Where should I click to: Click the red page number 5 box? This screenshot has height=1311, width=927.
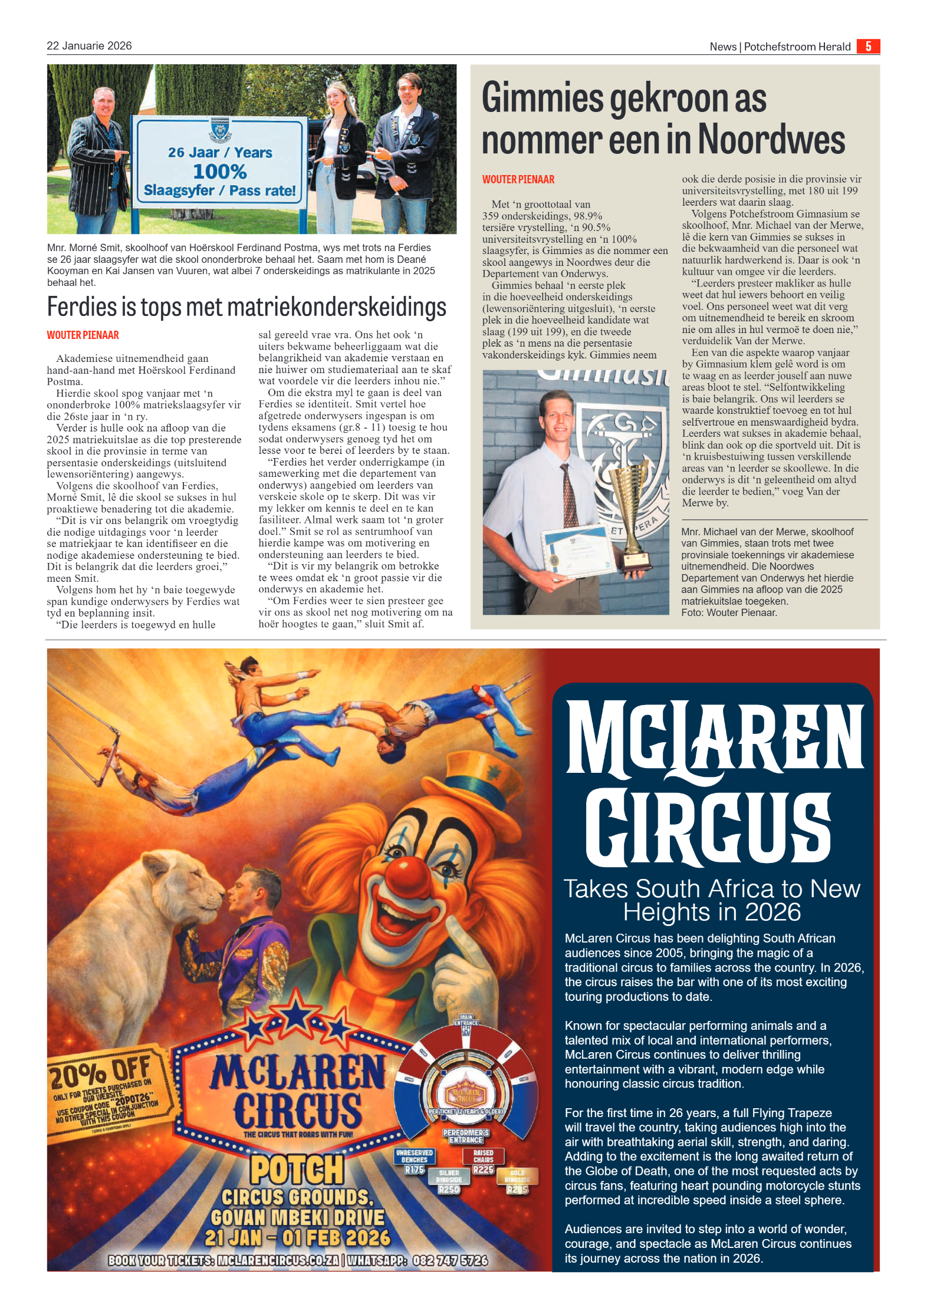click(868, 46)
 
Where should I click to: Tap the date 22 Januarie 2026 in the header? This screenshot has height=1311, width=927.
click(89, 45)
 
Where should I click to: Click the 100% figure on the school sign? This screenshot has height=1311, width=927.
click(219, 172)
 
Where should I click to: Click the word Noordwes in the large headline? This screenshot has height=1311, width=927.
click(771, 140)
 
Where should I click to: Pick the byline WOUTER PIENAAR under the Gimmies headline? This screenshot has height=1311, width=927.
click(518, 179)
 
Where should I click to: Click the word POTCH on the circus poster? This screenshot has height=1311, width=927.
click(297, 1170)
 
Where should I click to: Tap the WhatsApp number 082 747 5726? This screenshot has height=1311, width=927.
click(450, 1260)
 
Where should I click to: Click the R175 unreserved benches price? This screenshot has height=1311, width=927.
click(415, 1169)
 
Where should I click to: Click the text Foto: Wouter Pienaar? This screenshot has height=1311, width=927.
click(729, 612)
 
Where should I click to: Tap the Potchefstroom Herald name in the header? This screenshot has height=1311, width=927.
click(797, 47)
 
